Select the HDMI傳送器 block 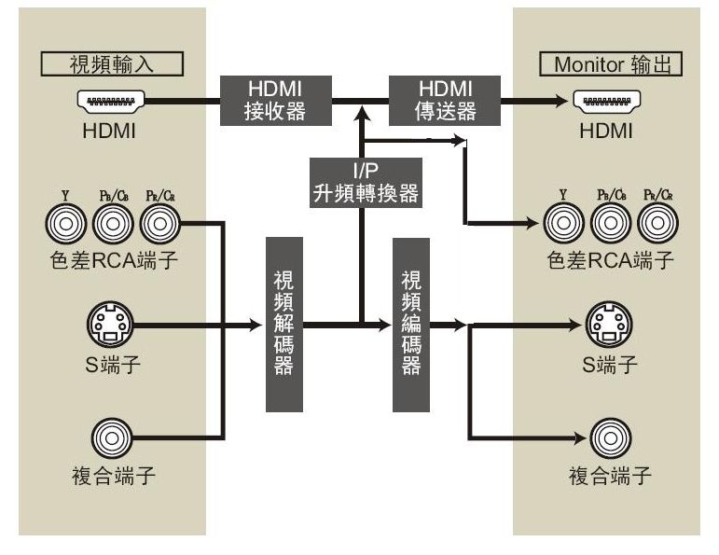[445, 100]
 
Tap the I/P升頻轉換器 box [364, 182]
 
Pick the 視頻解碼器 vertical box [284, 325]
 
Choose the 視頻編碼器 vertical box [411, 325]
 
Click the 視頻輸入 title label [112, 64]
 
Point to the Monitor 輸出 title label [611, 64]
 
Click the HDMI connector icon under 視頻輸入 [110, 101]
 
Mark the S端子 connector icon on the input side [110, 326]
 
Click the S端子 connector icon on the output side [606, 326]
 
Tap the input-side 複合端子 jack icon [110, 436]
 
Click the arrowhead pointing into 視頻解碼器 [258, 326]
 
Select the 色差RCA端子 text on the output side [610, 260]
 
